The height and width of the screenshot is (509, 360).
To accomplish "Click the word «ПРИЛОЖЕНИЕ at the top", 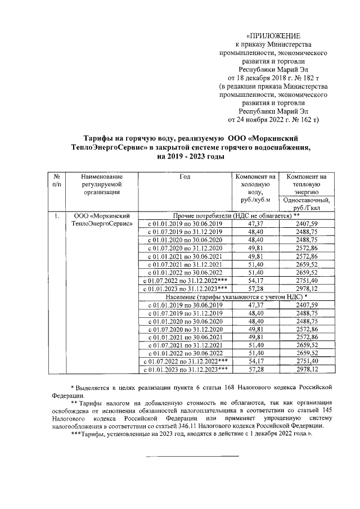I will coord(273,35).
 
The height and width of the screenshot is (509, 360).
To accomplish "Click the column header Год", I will coord(185,177).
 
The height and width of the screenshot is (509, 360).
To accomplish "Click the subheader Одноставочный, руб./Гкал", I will coord(307,202).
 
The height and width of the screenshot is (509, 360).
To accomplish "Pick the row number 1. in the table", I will coord(56,216).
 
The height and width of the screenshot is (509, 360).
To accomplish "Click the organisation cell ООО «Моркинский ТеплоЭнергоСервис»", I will coord(102,220).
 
